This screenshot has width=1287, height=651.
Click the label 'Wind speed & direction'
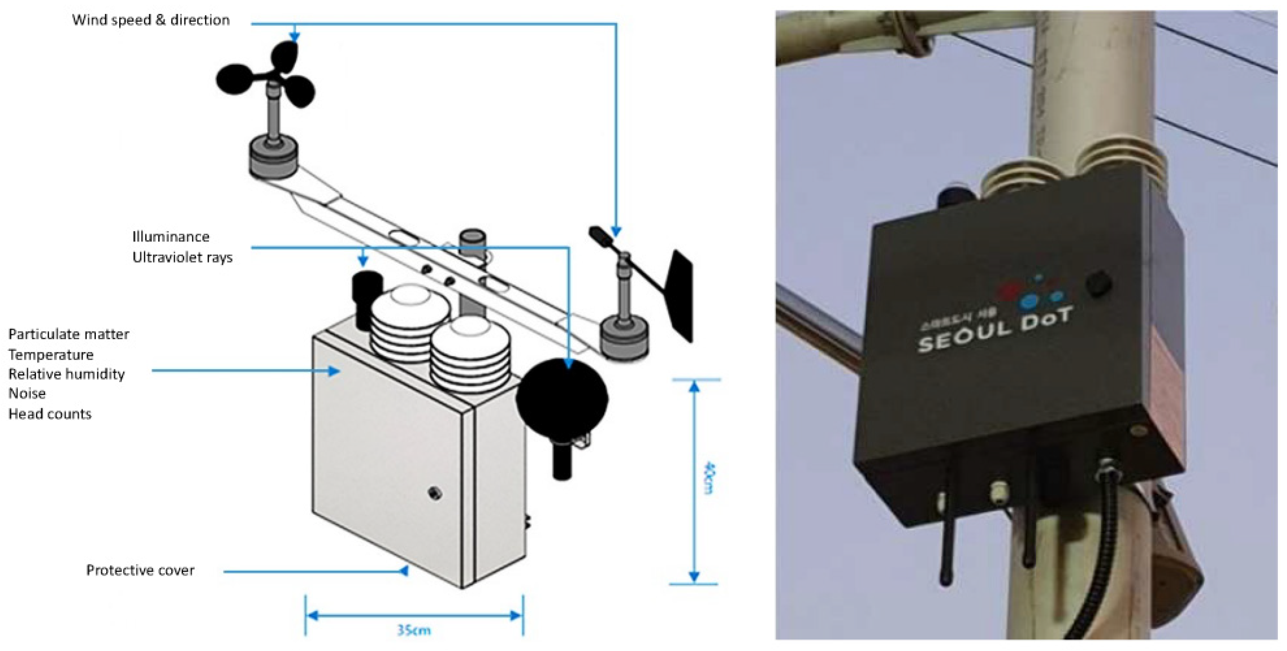point(150,20)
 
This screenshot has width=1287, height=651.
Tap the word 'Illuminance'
point(170,236)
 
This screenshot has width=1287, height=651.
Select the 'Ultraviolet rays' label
point(183,257)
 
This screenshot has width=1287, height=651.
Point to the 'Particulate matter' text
point(69,334)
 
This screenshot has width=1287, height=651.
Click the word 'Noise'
point(27,393)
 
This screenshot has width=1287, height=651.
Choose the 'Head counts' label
point(50,414)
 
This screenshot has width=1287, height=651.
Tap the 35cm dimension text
point(414,630)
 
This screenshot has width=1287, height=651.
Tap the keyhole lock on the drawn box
point(435,494)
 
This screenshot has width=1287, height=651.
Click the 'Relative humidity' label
point(67,374)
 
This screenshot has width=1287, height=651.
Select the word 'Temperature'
point(51,355)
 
